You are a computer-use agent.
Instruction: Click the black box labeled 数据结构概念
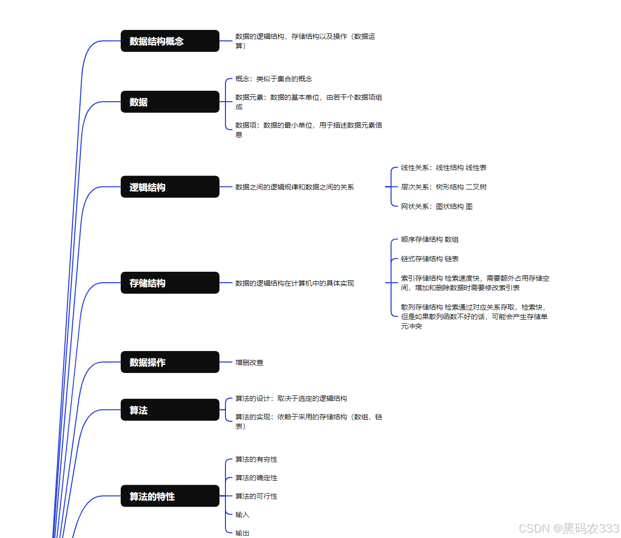(x=170, y=41)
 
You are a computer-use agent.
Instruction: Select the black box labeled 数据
(x=170, y=102)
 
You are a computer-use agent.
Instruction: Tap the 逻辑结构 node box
(x=170, y=187)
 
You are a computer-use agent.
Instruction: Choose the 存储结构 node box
(x=170, y=283)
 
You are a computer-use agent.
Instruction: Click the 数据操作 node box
(x=170, y=362)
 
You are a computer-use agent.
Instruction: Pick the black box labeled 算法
(x=170, y=410)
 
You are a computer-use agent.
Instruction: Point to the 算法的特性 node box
(x=170, y=496)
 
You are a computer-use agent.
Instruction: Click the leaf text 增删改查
(x=249, y=362)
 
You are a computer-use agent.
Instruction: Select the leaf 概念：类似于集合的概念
(x=274, y=79)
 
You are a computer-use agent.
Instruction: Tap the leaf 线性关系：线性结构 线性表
(x=443, y=168)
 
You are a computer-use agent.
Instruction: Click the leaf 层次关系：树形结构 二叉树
(x=443, y=187)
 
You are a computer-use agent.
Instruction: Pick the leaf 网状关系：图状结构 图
(x=436, y=206)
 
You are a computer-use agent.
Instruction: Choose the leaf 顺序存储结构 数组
(x=429, y=239)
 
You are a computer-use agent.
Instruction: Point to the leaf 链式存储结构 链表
(x=429, y=259)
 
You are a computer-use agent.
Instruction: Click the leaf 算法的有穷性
(x=256, y=459)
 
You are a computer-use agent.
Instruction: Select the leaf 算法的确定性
(x=256, y=478)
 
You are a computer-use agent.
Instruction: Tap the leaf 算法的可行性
(x=256, y=496)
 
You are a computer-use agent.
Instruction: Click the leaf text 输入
(x=242, y=515)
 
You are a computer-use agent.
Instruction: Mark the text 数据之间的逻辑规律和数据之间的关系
(x=294, y=187)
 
